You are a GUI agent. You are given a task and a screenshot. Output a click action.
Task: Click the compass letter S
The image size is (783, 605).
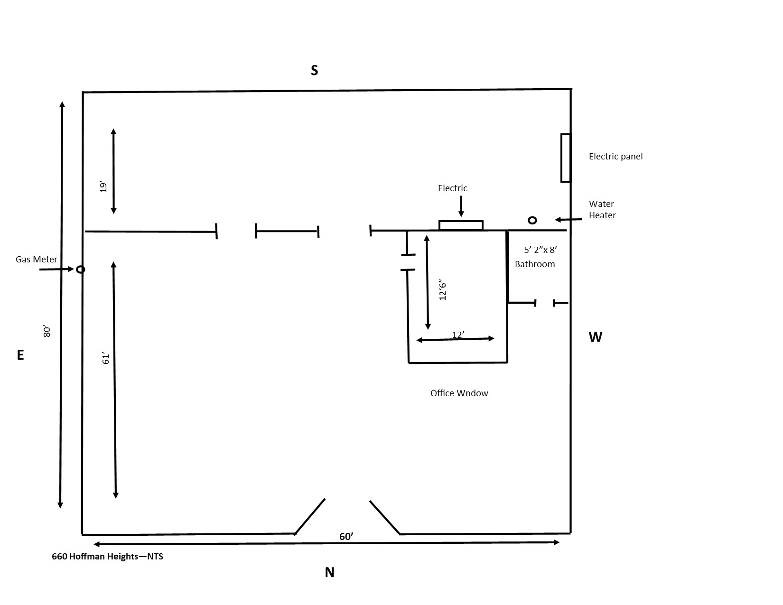click(314, 70)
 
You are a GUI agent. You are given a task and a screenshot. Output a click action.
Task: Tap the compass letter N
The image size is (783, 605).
click(329, 572)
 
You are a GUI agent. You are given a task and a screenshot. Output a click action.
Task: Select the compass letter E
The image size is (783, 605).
click(20, 355)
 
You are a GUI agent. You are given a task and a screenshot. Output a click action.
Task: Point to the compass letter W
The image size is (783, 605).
click(595, 337)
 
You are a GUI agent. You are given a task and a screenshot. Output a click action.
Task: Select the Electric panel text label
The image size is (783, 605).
click(615, 157)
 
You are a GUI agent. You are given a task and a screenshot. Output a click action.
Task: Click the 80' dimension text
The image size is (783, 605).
click(47, 332)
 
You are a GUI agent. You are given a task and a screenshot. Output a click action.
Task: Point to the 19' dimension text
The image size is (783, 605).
click(103, 186)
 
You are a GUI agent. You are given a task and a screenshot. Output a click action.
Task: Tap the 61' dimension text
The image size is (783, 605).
click(105, 358)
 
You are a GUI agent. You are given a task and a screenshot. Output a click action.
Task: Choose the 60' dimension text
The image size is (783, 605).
click(346, 537)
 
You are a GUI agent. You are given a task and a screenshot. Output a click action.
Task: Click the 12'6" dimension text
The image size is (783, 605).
click(442, 290)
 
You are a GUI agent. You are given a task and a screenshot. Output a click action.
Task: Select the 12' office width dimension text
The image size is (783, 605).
click(458, 335)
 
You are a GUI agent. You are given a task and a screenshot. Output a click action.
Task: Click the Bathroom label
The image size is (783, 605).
click(535, 264)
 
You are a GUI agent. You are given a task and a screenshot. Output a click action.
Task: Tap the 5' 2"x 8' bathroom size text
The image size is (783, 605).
click(540, 250)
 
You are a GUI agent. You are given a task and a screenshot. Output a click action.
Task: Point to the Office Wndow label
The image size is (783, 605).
click(459, 393)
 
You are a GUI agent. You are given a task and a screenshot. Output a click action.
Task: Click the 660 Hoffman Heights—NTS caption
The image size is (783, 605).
click(107, 556)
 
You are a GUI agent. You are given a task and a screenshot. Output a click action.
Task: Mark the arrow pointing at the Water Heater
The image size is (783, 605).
click(568, 219)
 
